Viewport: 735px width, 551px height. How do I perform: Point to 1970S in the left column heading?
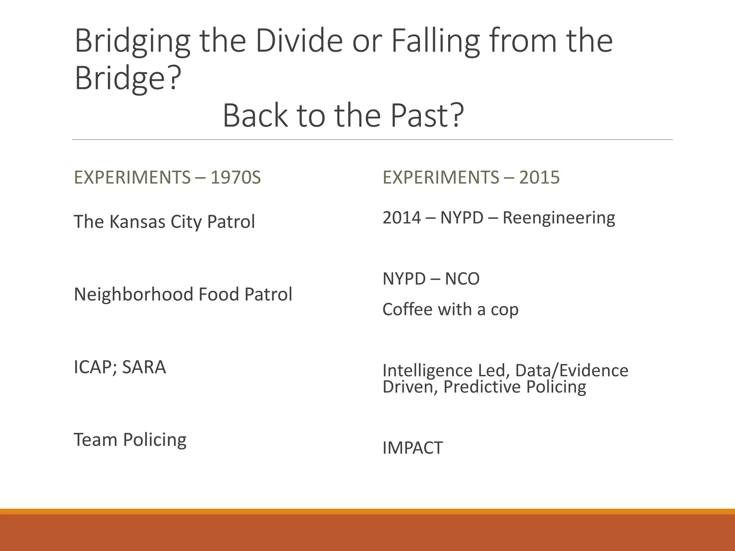coord(236,177)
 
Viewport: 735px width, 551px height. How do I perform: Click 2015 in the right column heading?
coord(539,177)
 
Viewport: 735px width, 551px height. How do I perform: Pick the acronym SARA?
coord(144,367)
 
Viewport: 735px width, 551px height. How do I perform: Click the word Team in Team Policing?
coord(95,439)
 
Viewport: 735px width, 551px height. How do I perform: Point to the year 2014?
coord(402,218)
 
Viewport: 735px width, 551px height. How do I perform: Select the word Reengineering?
coord(559,218)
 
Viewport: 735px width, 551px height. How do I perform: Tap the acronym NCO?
coord(462,279)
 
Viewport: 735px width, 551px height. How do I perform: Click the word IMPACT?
coord(413,448)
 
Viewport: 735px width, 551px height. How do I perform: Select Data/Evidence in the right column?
coord(572,370)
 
